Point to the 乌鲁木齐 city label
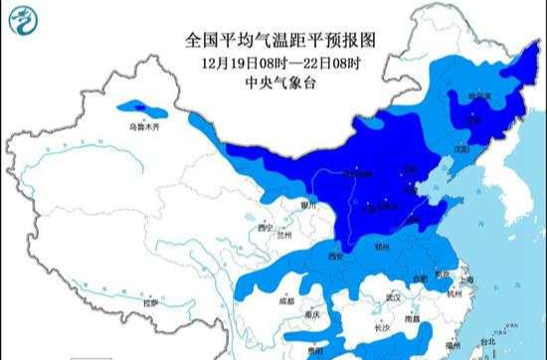[143, 128]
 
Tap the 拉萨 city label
[150, 301]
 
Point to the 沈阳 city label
[459, 148]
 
